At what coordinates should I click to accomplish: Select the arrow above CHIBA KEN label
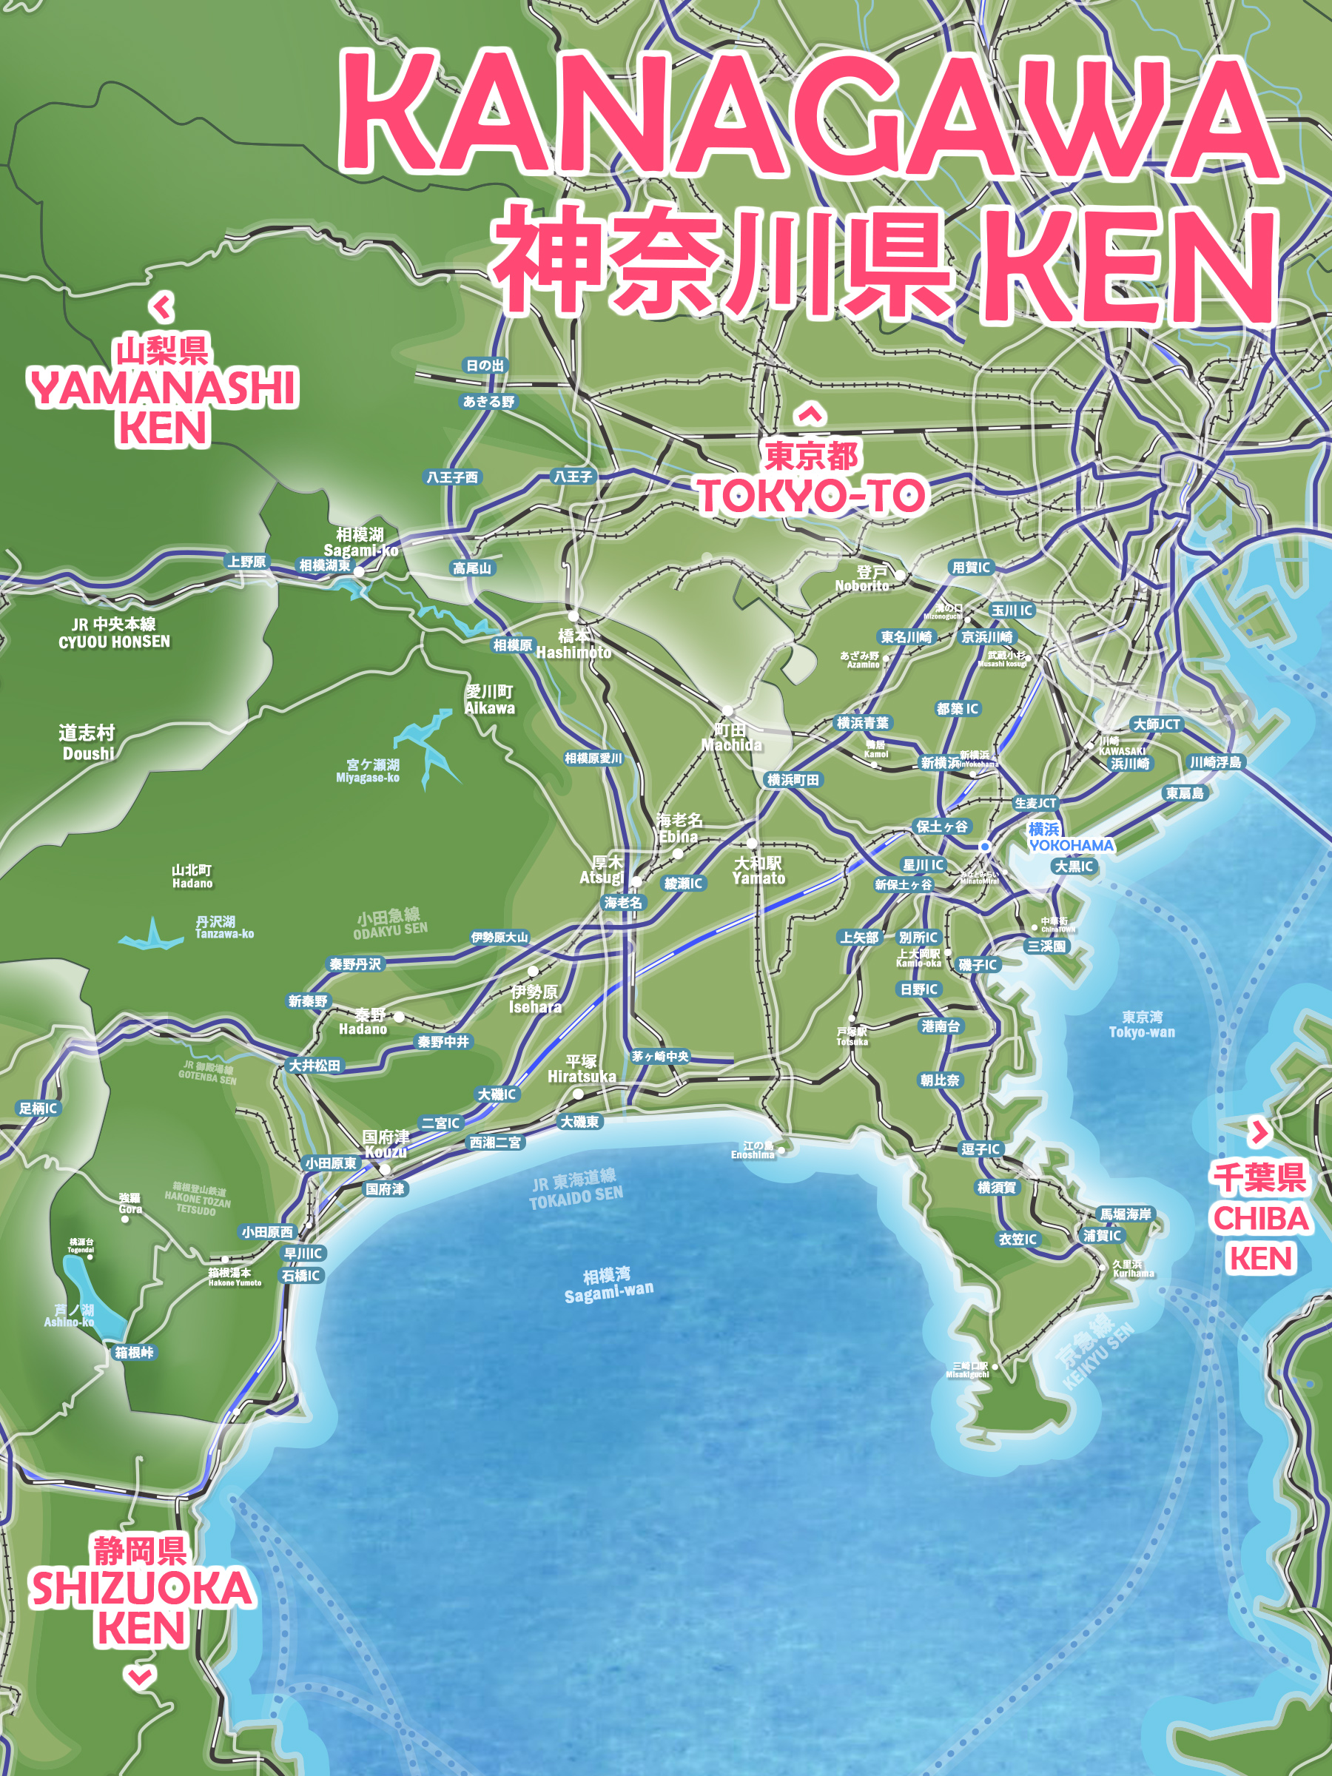point(1259,1132)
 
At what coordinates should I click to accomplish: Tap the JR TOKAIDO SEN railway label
point(575,1188)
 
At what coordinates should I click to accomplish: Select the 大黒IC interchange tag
point(1074,867)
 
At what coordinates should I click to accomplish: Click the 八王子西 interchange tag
point(452,477)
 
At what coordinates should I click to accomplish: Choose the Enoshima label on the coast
point(753,1151)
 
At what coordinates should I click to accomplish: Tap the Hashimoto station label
point(573,644)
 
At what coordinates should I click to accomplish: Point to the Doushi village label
point(87,743)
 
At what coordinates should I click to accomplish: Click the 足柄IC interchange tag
point(38,1109)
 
